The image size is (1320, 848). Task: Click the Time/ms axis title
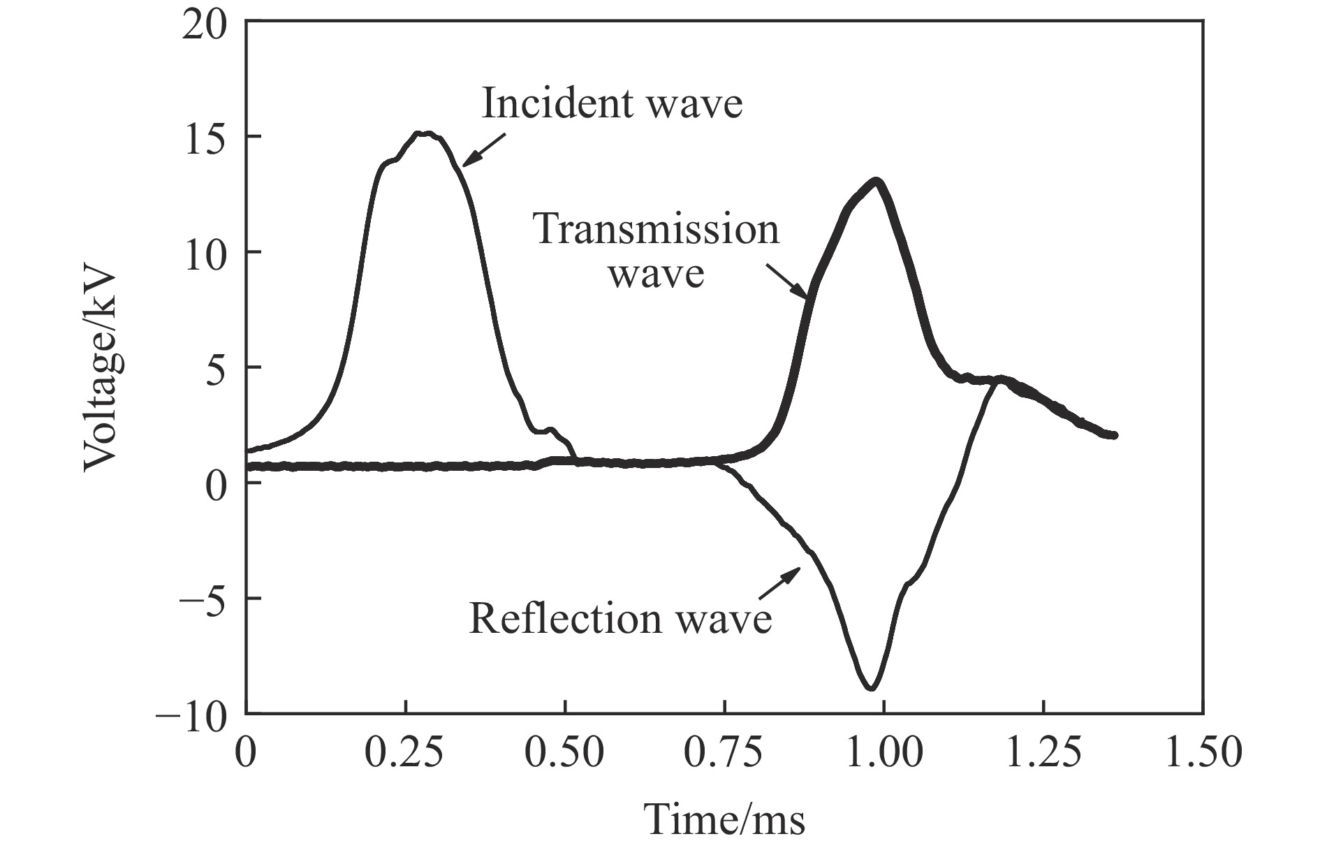[x=724, y=819]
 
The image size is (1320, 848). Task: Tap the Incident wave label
[x=612, y=103]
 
